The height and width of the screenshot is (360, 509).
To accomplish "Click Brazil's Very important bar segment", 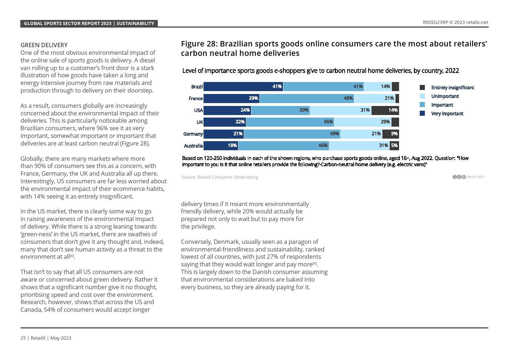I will (243, 86).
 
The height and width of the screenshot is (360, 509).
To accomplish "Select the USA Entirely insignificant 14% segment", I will (385, 110).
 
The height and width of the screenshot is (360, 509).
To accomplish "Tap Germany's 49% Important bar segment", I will (292, 134).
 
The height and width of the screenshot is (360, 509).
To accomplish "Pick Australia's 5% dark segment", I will (394, 146).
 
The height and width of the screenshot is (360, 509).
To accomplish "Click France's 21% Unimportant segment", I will (374, 98).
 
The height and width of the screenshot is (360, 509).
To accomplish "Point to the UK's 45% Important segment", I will (290, 122).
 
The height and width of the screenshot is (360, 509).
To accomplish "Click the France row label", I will (196, 98).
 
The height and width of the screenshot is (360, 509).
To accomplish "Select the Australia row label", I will (193, 146).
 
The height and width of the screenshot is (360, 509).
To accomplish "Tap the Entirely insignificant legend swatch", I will (422, 87).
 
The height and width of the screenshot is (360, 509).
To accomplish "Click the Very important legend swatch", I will (422, 114).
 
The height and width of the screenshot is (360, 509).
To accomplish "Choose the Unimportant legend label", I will (445, 96).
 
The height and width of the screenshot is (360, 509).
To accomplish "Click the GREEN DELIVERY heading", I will (44, 45).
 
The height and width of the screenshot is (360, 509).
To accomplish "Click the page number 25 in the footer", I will (23, 338).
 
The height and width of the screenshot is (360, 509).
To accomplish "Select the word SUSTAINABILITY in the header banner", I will (135, 24).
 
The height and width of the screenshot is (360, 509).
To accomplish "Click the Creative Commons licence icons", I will (459, 177).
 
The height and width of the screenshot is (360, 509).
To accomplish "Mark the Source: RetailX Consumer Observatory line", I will (220, 177).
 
